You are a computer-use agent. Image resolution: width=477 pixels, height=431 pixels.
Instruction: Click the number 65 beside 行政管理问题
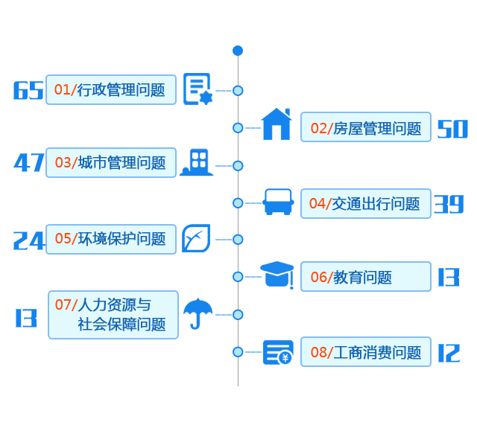[28, 90]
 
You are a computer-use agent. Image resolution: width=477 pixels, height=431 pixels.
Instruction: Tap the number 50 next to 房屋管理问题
[452, 129]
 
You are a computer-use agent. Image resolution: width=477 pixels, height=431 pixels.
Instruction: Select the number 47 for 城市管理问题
[29, 162]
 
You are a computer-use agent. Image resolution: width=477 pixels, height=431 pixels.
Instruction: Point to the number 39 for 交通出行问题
[449, 203]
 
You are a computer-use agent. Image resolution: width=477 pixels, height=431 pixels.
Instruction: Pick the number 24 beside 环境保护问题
[29, 240]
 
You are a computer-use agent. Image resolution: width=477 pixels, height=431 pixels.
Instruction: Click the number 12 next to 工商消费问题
[449, 353]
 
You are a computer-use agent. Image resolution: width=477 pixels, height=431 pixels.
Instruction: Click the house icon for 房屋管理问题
[276, 124]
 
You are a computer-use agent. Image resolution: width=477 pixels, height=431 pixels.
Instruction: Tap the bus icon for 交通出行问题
[279, 202]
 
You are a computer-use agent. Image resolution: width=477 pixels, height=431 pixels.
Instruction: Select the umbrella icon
[198, 313]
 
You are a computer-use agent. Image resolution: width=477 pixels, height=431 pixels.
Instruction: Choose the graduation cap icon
[277, 275]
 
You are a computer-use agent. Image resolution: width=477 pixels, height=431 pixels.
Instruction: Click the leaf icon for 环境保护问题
[196, 238]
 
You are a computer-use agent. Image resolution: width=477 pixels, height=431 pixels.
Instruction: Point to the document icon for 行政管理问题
[198, 89]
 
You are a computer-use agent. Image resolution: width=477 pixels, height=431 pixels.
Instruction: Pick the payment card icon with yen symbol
[278, 352]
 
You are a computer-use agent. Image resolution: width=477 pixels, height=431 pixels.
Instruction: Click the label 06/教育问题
[365, 277]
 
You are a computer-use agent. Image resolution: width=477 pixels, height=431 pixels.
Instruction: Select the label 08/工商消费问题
[365, 352]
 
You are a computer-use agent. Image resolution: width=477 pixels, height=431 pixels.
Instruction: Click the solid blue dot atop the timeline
[238, 51]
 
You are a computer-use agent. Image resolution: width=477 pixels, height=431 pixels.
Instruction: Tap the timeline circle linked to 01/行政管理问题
[238, 91]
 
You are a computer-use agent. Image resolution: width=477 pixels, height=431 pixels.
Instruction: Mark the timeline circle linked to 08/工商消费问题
[238, 351]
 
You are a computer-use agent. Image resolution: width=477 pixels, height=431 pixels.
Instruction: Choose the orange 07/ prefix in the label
[66, 304]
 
